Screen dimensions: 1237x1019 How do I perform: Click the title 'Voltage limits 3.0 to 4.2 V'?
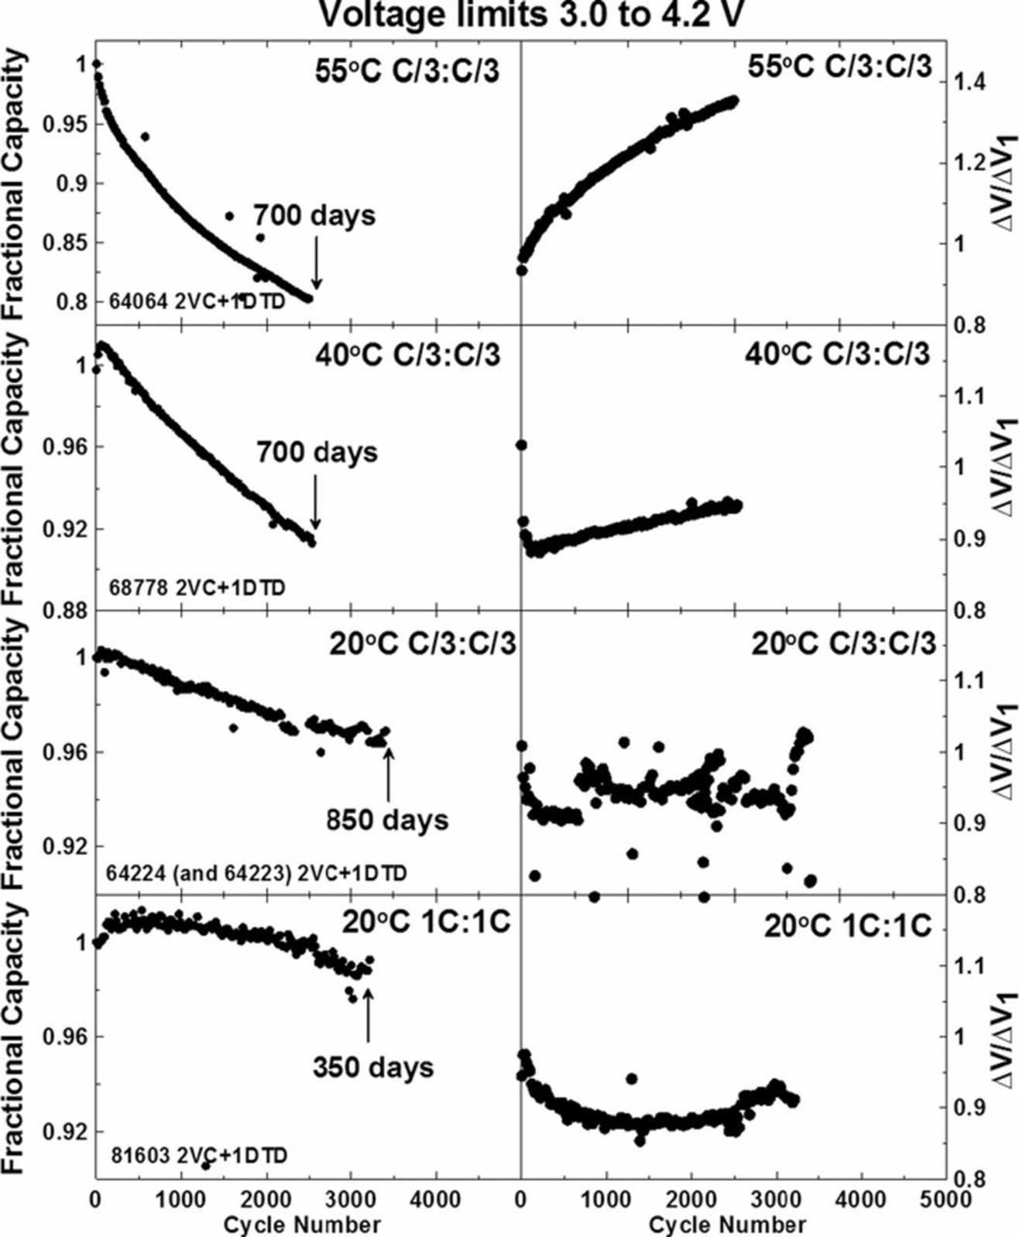tap(531, 14)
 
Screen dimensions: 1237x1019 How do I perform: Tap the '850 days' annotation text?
tap(386, 819)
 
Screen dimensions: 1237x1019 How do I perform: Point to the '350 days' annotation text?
tap(373, 1067)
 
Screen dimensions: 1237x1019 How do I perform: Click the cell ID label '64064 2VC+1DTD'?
tap(197, 301)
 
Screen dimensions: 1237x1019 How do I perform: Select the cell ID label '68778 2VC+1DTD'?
tap(197, 588)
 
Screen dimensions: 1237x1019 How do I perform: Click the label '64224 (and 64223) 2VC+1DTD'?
tap(256, 873)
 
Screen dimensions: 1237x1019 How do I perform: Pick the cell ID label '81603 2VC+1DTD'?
tap(197, 1156)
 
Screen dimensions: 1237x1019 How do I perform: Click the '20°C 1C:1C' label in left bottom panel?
tap(426, 924)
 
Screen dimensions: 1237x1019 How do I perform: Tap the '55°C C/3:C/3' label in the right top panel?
tap(839, 67)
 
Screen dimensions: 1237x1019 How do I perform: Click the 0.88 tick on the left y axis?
tap(69, 611)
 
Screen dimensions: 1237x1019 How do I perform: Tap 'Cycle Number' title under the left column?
tap(302, 1225)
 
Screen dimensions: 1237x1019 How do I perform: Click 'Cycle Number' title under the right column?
tap(727, 1225)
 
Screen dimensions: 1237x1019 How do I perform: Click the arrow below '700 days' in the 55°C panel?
tap(315, 261)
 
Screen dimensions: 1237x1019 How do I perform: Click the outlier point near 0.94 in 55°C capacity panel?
tap(144, 136)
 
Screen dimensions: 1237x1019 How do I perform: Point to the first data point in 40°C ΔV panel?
tap(521, 444)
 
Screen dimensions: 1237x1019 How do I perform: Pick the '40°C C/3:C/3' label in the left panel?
tap(407, 355)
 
